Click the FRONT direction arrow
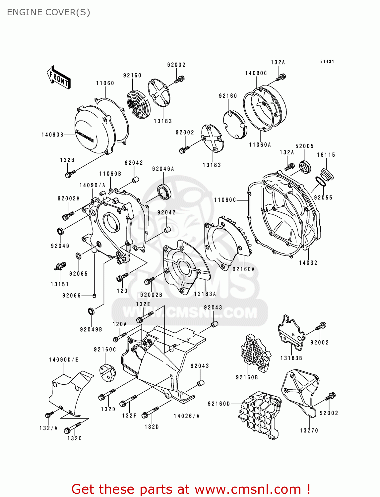tap(59, 78)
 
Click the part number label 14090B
tap(52, 135)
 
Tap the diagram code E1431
tap(327, 62)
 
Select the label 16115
tap(326, 155)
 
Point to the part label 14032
tap(308, 263)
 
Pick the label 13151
tap(60, 284)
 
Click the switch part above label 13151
tap(60, 266)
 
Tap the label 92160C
tap(105, 349)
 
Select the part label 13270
tap(309, 430)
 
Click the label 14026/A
tap(187, 416)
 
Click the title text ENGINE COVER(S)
tap(48, 12)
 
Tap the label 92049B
tap(91, 329)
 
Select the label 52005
tap(304, 146)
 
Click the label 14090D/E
tap(64, 359)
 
